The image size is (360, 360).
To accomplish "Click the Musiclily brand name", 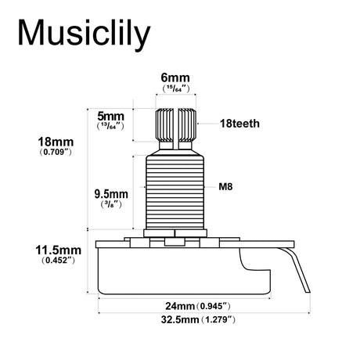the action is tap(84, 33).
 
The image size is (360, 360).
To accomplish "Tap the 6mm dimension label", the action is tap(175, 77).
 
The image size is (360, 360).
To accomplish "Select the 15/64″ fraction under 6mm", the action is tap(175, 88).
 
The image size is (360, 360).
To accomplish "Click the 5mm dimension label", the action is tap(110, 116).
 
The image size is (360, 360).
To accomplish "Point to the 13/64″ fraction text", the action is tap(110, 126).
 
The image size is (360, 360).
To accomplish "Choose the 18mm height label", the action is tap(56, 142).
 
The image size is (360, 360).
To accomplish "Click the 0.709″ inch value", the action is tap(56, 152).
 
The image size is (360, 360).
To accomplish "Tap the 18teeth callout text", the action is tap(239, 124).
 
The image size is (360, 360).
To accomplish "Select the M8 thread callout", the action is tap(225, 187).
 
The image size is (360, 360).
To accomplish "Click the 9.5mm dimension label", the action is tap(111, 194).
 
